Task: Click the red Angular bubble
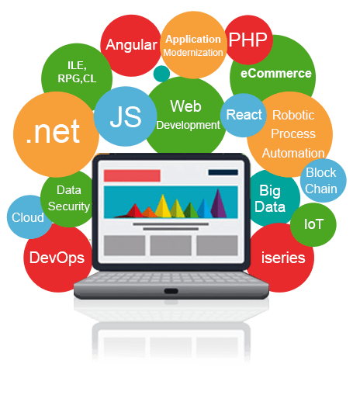click(x=131, y=46)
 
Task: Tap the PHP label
click(x=247, y=40)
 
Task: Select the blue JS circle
click(x=126, y=116)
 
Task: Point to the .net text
click(x=53, y=132)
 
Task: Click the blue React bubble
click(x=244, y=115)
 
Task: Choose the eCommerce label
click(x=276, y=74)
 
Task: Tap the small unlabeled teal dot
click(x=161, y=74)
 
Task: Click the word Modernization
click(x=193, y=53)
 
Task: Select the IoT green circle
click(x=313, y=224)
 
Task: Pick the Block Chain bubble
click(x=323, y=181)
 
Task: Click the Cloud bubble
click(x=29, y=217)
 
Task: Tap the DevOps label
click(x=57, y=258)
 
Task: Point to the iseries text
click(x=283, y=258)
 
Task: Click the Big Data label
click(x=270, y=199)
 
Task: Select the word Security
click(x=69, y=206)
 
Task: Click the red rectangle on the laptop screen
click(x=132, y=175)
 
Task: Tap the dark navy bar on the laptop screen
click(x=223, y=172)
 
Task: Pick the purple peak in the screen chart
click(x=219, y=203)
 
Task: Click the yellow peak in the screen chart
click(x=163, y=206)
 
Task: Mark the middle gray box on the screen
click(x=171, y=245)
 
